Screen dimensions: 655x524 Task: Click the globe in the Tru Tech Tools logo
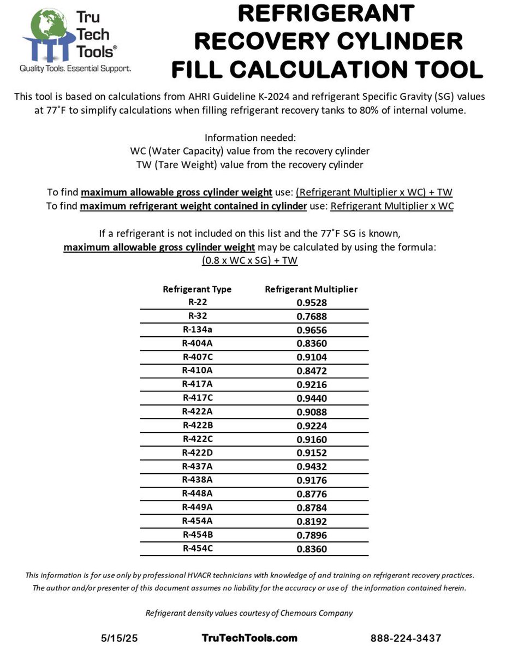click(50, 27)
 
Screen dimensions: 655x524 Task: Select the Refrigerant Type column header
click(197, 289)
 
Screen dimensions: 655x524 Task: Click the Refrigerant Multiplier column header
click(311, 289)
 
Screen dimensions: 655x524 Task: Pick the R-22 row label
click(197, 302)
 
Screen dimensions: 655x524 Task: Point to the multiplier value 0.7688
click(312, 316)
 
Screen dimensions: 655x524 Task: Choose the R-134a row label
click(197, 329)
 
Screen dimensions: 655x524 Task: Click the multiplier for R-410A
click(312, 371)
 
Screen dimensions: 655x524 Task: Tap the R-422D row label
click(197, 452)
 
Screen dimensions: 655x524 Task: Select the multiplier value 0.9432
click(312, 467)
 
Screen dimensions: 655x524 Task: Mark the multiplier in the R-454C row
click(312, 549)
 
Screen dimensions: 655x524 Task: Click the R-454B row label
click(197, 535)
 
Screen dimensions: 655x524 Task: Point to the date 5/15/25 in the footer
click(120, 638)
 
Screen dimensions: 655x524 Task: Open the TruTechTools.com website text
click(249, 638)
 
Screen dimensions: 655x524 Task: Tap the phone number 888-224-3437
click(406, 638)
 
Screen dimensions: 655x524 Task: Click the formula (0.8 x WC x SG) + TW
click(249, 260)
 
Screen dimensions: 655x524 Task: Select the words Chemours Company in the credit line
click(316, 613)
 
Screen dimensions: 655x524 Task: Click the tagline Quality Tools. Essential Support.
click(75, 68)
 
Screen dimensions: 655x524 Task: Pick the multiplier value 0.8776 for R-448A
click(312, 494)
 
